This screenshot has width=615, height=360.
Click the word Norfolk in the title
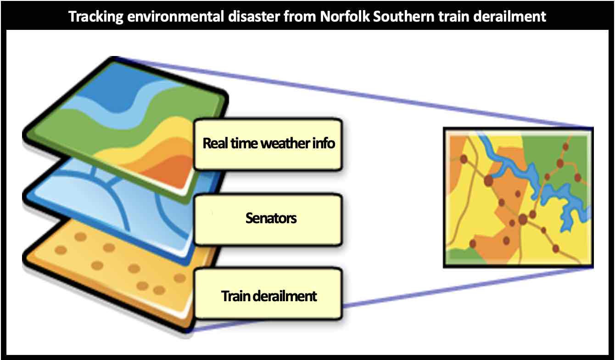pyautogui.click(x=345, y=17)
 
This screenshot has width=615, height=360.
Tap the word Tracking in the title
pyautogui.click(x=96, y=17)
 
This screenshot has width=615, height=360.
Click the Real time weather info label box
pyautogui.click(x=268, y=144)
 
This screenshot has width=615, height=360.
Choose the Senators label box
pyautogui.click(x=268, y=219)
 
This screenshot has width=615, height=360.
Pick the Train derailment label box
pyautogui.click(x=268, y=294)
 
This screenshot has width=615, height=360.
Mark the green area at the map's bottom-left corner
pyautogui.click(x=461, y=257)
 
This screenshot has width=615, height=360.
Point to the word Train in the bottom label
pyautogui.click(x=235, y=296)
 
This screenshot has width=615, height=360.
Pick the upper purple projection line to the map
pyautogui.click(x=354, y=92)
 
